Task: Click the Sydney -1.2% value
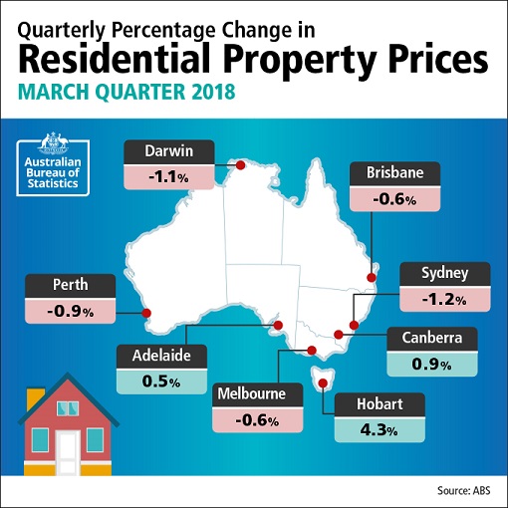point(442,298)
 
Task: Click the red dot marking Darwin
point(239,165)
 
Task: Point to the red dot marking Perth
point(147,313)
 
